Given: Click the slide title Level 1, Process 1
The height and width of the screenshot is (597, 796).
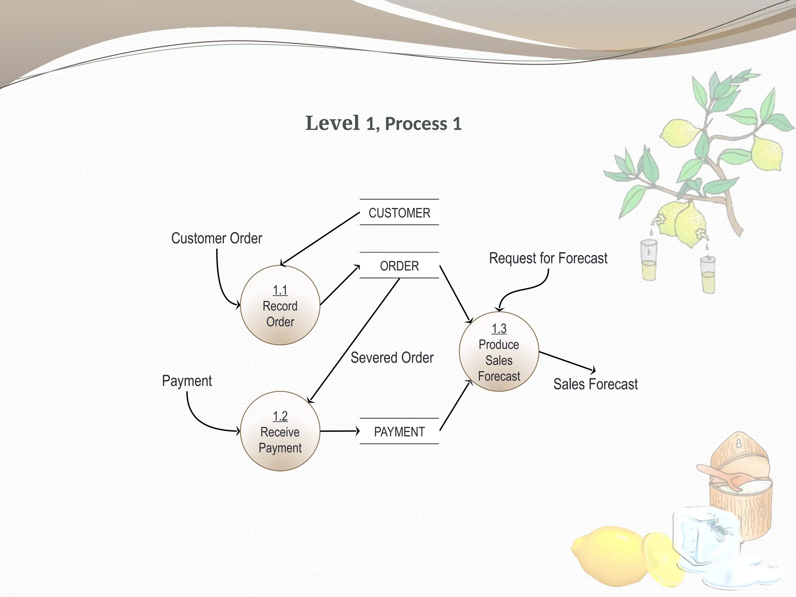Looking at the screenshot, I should coord(383,123).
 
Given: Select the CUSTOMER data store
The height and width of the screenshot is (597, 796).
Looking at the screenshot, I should coord(399,213).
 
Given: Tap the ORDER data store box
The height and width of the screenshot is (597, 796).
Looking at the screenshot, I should coord(399,266).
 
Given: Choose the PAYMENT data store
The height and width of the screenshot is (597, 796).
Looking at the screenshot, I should coord(399,431).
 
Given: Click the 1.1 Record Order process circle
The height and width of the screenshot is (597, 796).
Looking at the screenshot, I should coord(280,305).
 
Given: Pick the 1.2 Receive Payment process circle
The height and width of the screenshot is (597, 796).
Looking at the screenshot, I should coord(280,431).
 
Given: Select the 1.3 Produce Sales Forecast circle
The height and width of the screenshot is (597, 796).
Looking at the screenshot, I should coord(499,352).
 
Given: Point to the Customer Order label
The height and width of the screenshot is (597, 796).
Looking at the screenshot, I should coord(216,238).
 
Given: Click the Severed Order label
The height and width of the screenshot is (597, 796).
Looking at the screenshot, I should coord(392,358).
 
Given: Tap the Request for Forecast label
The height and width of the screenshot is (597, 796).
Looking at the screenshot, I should coord(548,258).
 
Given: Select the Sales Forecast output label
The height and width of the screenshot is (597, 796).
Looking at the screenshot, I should coord(595,384).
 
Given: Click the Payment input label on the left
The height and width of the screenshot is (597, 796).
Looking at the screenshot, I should coord(187,381).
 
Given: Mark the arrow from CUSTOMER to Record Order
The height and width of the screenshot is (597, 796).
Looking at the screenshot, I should coord(321,238).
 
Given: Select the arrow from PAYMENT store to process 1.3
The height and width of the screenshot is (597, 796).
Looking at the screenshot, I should coord(456,405).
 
